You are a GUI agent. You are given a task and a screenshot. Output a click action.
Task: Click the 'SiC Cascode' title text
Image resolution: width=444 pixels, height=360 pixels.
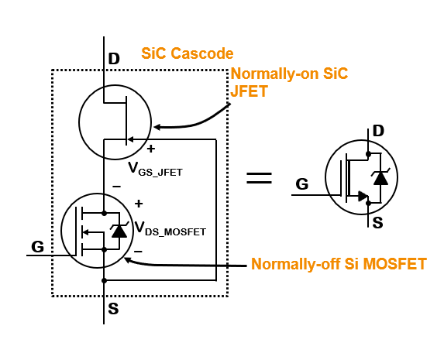[187, 54]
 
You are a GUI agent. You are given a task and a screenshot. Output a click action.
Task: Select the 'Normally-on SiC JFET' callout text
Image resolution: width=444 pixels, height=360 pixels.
[289, 83]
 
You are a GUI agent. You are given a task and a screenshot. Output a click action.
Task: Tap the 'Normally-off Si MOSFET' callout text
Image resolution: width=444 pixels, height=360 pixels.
[339, 264]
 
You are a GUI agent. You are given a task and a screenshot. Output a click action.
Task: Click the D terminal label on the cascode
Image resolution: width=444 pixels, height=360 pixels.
[114, 59]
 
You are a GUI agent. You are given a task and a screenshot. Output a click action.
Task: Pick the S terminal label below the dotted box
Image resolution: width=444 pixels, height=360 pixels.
[113, 309]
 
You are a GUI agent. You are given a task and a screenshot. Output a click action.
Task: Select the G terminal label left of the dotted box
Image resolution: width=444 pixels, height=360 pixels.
[37, 247]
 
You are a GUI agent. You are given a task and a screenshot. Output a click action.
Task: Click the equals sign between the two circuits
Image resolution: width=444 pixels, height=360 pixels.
[259, 177]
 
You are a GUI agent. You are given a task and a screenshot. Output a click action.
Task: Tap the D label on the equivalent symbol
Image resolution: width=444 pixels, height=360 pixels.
[378, 131]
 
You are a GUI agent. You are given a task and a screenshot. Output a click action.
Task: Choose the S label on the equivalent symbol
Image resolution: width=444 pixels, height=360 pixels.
[378, 222]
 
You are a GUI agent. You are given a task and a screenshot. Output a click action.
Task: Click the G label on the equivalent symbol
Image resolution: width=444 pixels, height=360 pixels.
[302, 184]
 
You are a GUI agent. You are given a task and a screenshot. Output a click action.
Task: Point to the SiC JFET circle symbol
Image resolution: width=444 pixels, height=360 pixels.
[115, 120]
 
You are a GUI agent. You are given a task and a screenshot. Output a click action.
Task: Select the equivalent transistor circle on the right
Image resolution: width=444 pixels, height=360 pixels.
[362, 177]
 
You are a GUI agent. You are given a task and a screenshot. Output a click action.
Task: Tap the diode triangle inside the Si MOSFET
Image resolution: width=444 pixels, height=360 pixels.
[119, 231]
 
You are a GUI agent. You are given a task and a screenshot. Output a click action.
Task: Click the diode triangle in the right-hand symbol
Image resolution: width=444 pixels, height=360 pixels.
[380, 178]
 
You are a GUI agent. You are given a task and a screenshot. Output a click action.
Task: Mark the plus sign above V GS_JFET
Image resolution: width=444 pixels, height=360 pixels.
[151, 148]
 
